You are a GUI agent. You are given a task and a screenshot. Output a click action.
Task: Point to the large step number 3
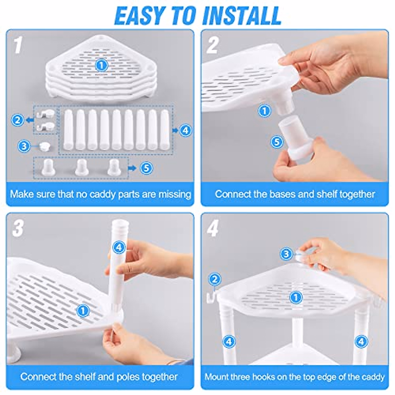(x=18, y=228)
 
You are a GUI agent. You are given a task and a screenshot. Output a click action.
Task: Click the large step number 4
(x=213, y=228)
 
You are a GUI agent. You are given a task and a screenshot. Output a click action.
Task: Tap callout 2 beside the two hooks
(x=18, y=120)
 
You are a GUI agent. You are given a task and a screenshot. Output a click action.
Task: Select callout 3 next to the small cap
(x=24, y=146)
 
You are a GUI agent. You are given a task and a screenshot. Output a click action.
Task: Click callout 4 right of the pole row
(x=186, y=130)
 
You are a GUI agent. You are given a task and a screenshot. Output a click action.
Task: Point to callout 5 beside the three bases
(x=146, y=168)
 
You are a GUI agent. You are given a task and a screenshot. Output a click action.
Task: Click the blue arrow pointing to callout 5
(x=132, y=168)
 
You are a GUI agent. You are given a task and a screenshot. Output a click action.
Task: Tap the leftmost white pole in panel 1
(x=68, y=130)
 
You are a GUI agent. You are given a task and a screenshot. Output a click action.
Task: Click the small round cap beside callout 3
(x=45, y=146)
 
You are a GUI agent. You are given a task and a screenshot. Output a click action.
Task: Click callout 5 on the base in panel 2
(x=277, y=142)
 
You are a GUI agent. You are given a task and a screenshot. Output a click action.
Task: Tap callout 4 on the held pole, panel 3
(x=119, y=248)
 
